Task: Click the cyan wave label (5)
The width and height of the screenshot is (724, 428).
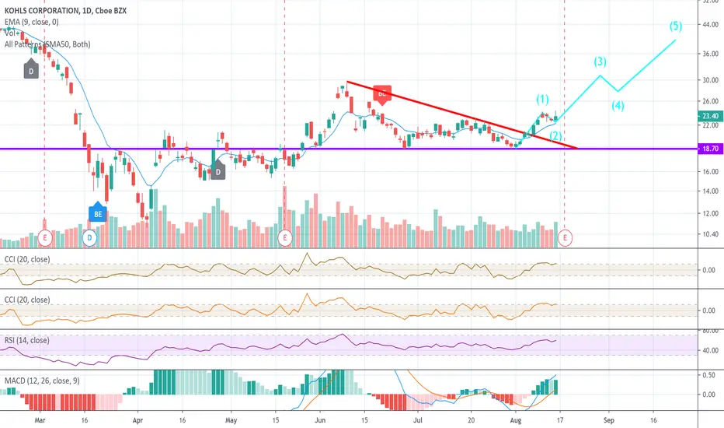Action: (x=677, y=25)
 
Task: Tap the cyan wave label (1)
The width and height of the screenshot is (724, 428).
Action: (x=542, y=99)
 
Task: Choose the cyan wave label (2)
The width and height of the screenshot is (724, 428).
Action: (x=556, y=135)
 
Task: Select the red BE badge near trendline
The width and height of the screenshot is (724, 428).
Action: (x=381, y=93)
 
